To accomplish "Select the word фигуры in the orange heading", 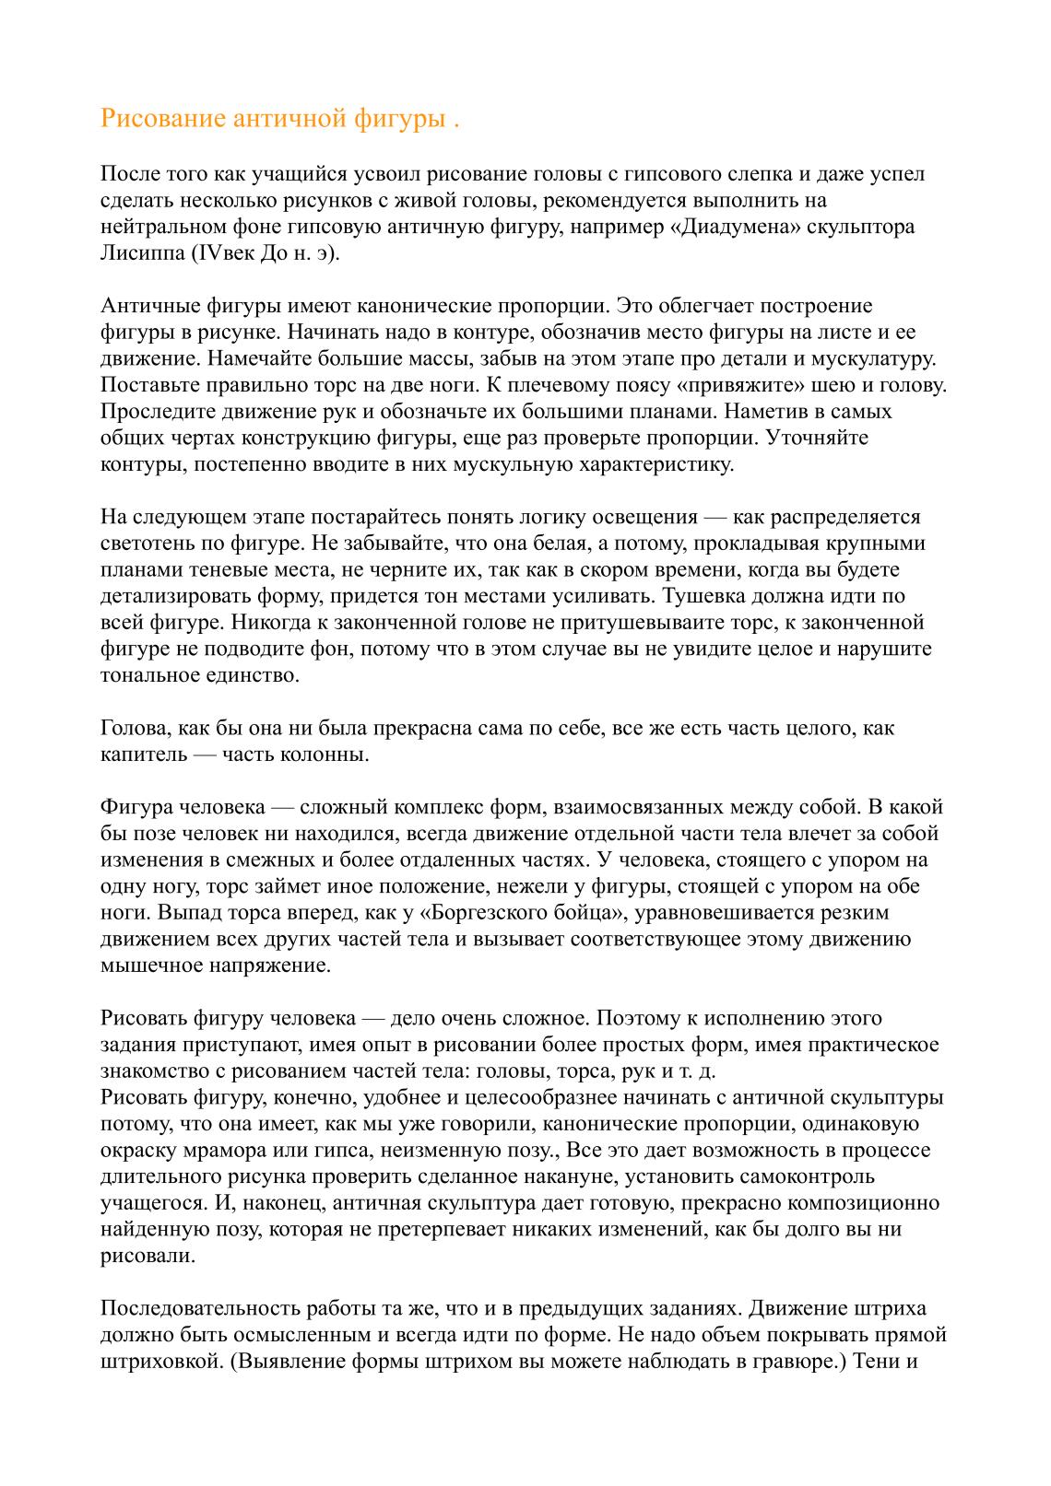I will (399, 120).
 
